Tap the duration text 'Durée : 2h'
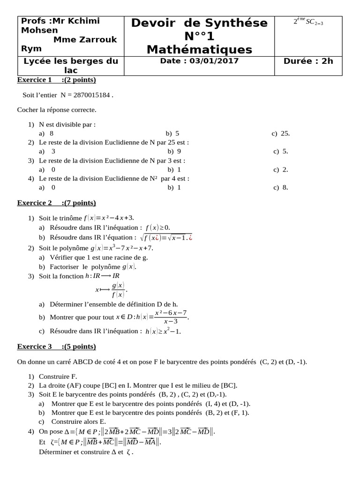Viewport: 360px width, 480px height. pyautogui.click(x=308, y=61)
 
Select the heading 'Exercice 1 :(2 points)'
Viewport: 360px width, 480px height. pyautogui.click(x=56, y=80)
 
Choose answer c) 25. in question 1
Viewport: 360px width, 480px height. pyautogui.click(x=281, y=134)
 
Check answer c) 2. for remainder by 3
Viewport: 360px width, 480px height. pyautogui.click(x=280, y=169)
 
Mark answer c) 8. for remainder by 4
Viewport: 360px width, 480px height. pyautogui.click(x=280, y=187)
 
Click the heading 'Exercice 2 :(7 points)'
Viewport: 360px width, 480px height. pyautogui.click(x=56, y=203)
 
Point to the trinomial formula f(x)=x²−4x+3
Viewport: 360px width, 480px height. pyautogui.click(x=109, y=218)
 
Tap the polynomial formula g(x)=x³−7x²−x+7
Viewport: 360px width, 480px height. pyautogui.click(x=122, y=248)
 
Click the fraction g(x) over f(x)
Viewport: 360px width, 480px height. pyautogui.click(x=118, y=290)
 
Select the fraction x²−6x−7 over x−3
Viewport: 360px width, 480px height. pyautogui.click(x=171, y=317)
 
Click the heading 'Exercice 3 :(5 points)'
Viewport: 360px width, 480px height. pyautogui.click(x=56, y=347)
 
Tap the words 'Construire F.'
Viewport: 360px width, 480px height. pyautogui.click(x=58, y=376)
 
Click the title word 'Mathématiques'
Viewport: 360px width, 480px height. pyautogui.click(x=199, y=49)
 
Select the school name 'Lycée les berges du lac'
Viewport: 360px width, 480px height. pyautogui.click(x=71, y=65)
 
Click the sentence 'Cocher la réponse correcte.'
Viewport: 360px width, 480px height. pyautogui.click(x=57, y=110)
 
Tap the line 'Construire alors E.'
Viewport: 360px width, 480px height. pyautogui.click(x=78, y=421)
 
